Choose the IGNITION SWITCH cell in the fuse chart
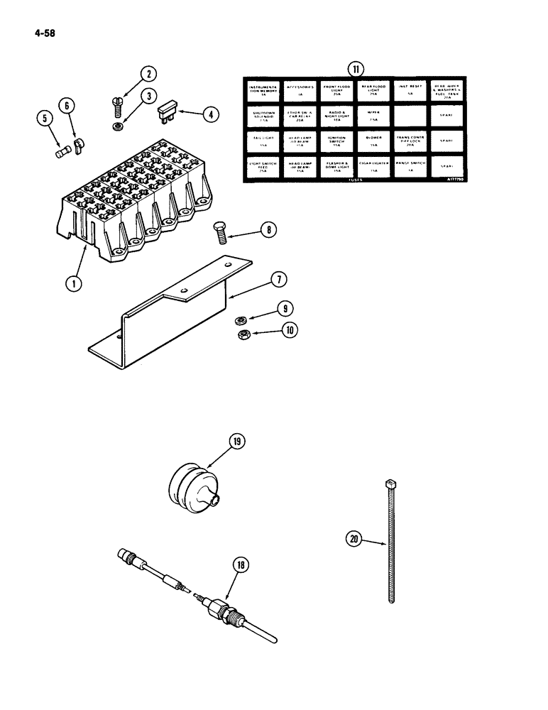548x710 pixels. [x=336, y=141]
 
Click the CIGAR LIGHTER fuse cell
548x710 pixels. [x=373, y=166]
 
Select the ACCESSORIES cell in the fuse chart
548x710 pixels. [x=300, y=90]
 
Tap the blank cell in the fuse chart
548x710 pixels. [x=410, y=115]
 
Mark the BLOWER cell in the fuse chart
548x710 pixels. [x=373, y=141]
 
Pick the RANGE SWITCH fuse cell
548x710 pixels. [x=410, y=166]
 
